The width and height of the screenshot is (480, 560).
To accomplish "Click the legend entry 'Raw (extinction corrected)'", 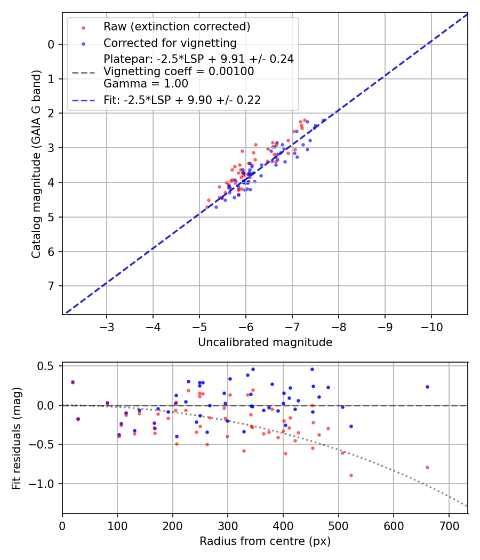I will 177,27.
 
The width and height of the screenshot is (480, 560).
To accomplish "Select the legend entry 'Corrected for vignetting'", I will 170,43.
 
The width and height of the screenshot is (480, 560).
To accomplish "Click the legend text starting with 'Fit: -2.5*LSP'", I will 182,100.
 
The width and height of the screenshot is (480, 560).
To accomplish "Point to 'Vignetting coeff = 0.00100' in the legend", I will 179,71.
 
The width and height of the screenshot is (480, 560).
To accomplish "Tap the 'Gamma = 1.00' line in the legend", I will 146,84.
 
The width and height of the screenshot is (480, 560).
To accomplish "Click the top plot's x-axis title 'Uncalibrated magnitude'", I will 265,342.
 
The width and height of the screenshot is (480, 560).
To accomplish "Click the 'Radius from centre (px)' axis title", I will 265,541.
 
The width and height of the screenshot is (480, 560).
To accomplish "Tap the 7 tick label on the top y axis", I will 51,286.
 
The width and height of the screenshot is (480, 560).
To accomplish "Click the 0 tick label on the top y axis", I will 51,44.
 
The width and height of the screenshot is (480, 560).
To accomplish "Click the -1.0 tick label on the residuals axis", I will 45,484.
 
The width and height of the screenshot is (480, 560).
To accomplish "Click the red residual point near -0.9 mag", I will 351,475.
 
